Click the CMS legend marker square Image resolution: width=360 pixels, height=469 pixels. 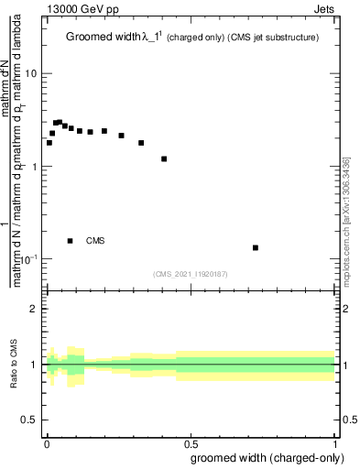tap(71, 241)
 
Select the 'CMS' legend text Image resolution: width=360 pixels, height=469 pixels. tap(95, 241)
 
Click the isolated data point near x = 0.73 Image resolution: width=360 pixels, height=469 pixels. tap(256, 247)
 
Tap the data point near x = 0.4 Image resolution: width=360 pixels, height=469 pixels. tap(164, 158)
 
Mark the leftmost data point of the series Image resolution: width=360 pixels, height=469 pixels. tap(49, 143)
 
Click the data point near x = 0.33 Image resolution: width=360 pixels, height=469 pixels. tap(141, 143)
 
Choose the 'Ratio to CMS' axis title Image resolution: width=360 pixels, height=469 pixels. tap(14, 365)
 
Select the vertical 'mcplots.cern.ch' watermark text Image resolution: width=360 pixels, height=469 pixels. tap(346, 220)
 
